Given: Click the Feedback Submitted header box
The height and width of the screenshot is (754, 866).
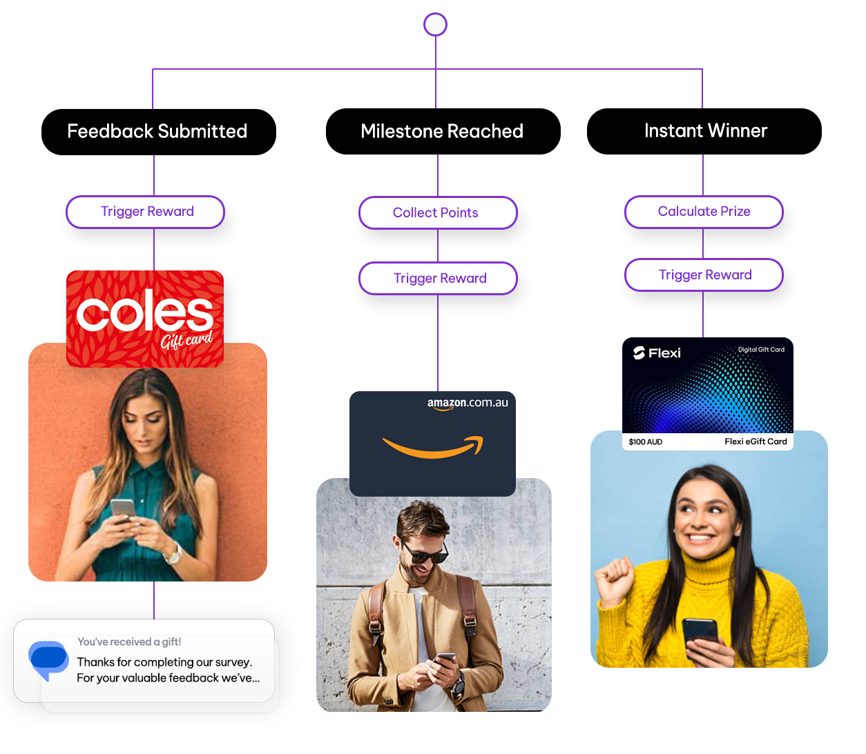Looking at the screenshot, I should pyautogui.click(x=158, y=132).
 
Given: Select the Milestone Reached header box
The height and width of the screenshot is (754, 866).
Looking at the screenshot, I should pyautogui.click(x=443, y=131).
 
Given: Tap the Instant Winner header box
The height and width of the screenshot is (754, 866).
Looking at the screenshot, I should pyautogui.click(x=704, y=131).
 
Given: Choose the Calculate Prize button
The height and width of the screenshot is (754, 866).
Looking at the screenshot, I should pyautogui.click(x=704, y=212).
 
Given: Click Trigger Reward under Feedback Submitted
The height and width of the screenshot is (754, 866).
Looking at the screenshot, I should pyautogui.click(x=146, y=212).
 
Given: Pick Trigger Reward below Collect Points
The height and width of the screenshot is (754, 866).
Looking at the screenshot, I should pyautogui.click(x=439, y=278).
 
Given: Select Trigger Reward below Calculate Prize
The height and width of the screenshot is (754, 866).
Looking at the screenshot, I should pyautogui.click(x=704, y=275).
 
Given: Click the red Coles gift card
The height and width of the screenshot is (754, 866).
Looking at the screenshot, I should pyautogui.click(x=145, y=318).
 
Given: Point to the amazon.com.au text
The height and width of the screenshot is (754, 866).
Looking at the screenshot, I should pyautogui.click(x=468, y=403).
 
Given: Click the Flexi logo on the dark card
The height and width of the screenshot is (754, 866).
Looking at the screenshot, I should pyautogui.click(x=657, y=353).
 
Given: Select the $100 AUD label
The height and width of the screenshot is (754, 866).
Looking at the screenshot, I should pyautogui.click(x=646, y=442).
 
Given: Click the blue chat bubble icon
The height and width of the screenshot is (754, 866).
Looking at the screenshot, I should pyautogui.click(x=48, y=659).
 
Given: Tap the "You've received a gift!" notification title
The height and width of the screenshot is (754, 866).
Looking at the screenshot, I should pyautogui.click(x=129, y=642).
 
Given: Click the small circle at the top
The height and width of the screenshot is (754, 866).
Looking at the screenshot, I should pyautogui.click(x=435, y=24).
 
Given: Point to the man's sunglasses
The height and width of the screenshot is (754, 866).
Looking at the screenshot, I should pyautogui.click(x=423, y=552).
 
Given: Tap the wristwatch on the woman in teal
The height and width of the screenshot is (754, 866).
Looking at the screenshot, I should pyautogui.click(x=174, y=553).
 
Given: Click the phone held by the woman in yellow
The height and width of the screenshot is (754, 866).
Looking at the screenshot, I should pyautogui.click(x=700, y=631).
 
